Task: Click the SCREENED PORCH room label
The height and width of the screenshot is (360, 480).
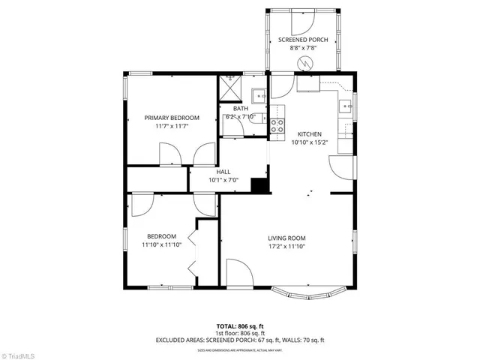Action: coord(303,39)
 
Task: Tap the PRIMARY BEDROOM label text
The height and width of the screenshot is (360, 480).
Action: coord(172,118)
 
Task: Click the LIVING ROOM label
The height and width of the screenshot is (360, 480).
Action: coord(288,238)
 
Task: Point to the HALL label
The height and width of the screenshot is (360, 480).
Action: coord(223,172)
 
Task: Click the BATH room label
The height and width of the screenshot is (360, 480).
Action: coord(241,109)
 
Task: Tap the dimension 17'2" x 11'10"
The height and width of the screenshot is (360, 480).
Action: coord(288,246)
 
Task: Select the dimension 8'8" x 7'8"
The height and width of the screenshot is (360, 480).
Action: coord(303,47)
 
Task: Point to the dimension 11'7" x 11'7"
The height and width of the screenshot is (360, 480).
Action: coord(172,126)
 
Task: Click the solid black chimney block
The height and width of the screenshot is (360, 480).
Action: coord(260,185)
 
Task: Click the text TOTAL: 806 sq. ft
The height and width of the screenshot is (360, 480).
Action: coord(240,325)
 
